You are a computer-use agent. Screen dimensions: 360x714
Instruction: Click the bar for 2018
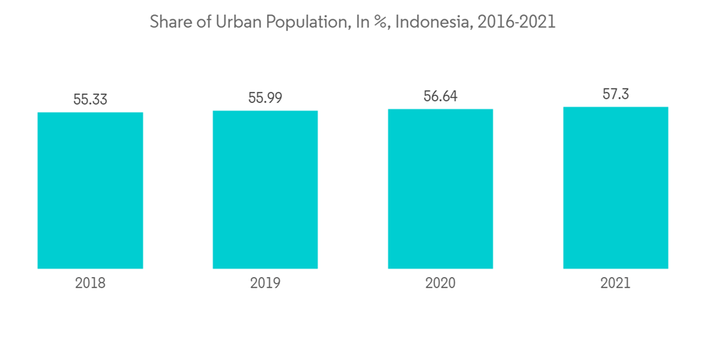pyautogui.click(x=90, y=190)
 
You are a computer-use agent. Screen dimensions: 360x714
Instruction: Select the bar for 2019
pyautogui.click(x=265, y=189)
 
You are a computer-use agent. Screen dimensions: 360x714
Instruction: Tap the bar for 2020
pyautogui.click(x=440, y=189)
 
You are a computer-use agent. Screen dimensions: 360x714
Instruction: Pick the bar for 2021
pyautogui.click(x=615, y=188)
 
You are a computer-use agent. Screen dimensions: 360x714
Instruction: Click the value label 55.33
pyautogui.click(x=90, y=99)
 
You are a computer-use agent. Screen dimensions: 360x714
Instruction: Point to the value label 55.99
pyautogui.click(x=265, y=98)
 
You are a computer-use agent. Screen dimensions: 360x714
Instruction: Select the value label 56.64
pyautogui.click(x=440, y=96)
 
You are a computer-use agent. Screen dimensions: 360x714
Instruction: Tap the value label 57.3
pyautogui.click(x=615, y=94)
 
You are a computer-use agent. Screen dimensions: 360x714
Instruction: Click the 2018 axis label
pyautogui.click(x=90, y=284)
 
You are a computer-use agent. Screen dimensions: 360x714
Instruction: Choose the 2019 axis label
pyautogui.click(x=265, y=284)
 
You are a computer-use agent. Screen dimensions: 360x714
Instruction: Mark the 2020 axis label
pyautogui.click(x=440, y=284)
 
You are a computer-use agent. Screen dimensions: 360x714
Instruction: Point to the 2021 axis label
pyautogui.click(x=615, y=284)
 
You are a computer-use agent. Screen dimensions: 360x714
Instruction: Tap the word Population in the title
pyautogui.click(x=303, y=22)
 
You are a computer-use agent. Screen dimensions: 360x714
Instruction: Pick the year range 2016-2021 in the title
pyautogui.click(x=516, y=22)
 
